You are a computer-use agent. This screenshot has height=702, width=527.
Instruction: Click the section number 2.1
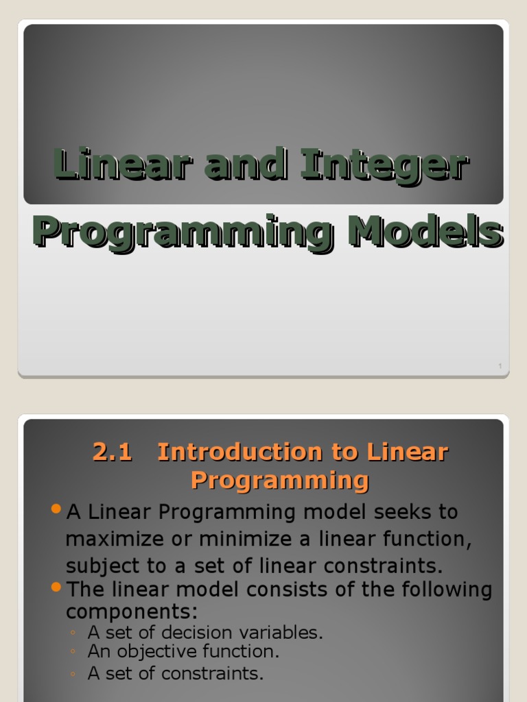pyautogui.click(x=112, y=452)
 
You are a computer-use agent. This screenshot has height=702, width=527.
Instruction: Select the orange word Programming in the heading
pyautogui.click(x=279, y=481)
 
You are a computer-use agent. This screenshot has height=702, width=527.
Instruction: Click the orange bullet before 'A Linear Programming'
pyautogui.click(x=56, y=509)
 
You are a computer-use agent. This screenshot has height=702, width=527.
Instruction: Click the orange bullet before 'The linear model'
pyautogui.click(x=56, y=588)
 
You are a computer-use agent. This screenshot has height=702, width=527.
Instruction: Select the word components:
pyautogui.click(x=132, y=611)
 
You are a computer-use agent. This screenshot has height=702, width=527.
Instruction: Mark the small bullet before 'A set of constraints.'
pyautogui.click(x=73, y=675)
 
